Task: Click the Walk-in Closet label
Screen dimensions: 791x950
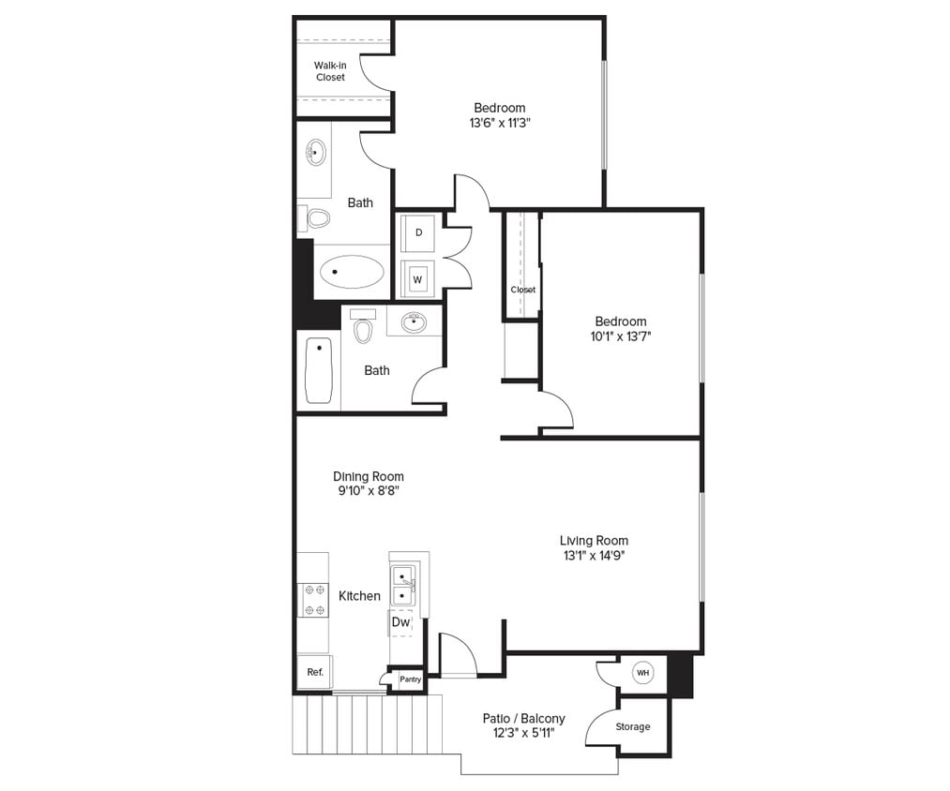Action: [329, 71]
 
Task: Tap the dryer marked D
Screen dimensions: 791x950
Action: [418, 231]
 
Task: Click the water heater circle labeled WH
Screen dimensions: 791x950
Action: [642, 673]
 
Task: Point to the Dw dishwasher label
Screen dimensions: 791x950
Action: [400, 621]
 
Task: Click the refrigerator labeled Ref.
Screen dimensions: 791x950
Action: [315, 672]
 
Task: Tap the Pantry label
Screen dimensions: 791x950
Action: [410, 679]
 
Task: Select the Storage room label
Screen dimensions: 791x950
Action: [633, 726]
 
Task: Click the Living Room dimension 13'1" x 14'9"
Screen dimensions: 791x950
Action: [594, 555]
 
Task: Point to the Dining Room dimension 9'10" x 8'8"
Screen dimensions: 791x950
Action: [369, 491]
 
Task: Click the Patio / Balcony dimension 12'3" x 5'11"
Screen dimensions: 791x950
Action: [523, 733]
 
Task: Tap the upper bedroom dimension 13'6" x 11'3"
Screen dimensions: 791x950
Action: [499, 123]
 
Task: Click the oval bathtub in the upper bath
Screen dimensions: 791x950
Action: [352, 273]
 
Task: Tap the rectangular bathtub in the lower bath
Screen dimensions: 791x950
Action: [319, 370]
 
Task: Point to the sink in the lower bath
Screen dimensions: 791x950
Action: [413, 323]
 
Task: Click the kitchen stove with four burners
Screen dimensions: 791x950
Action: [313, 600]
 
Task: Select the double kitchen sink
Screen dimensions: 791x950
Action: [404, 586]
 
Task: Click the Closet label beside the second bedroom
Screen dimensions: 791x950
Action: [523, 290]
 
